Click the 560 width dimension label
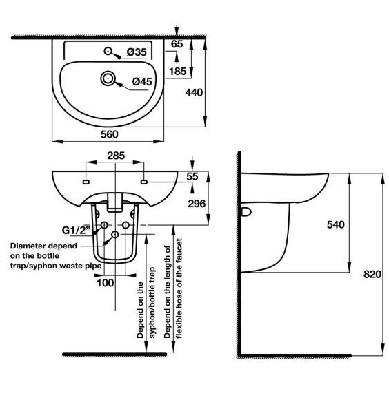109,134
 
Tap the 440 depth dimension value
194,92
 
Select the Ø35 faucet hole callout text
137,52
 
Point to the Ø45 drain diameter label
142,81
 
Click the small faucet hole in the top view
108,51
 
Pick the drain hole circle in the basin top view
108,78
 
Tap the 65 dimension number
177,44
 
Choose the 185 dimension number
178,71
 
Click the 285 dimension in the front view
116,156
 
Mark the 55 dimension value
192,176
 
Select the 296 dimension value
197,204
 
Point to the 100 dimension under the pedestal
106,283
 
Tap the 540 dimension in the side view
336,224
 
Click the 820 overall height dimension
372,274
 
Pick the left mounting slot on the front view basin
86,182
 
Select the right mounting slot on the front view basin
144,182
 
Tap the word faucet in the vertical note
179,252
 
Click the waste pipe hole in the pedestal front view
115,235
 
